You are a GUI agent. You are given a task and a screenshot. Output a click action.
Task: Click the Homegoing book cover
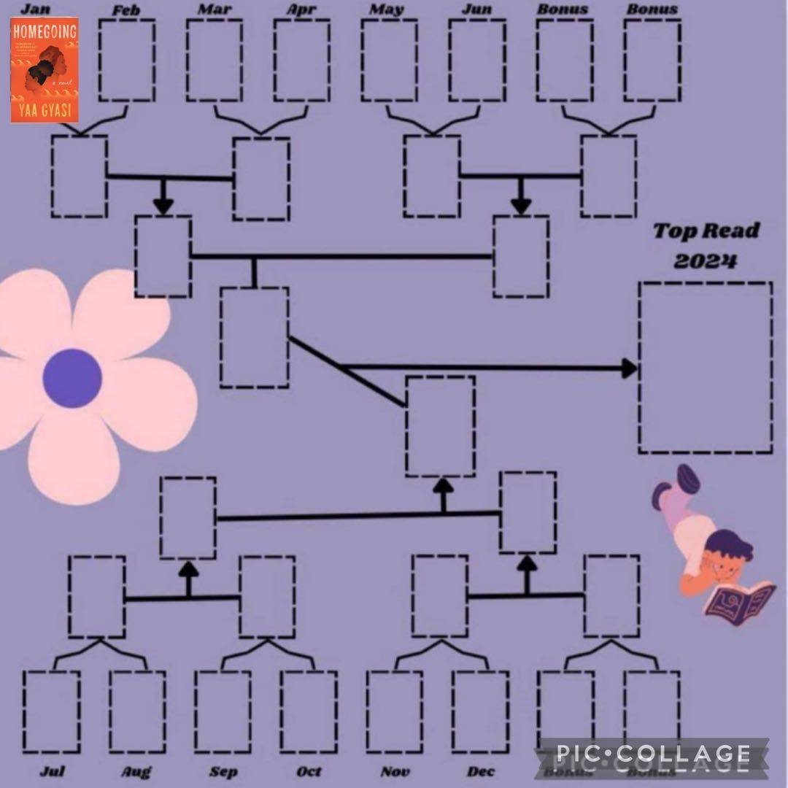coord(45,69)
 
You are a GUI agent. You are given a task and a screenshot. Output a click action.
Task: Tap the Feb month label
coord(126,10)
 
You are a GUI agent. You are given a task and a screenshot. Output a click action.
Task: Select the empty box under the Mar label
coord(214,60)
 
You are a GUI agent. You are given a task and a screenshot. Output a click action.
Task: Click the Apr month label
coord(301,10)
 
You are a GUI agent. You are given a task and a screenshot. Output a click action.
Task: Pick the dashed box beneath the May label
coord(389,60)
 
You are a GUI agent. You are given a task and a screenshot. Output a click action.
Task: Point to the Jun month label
coord(476,10)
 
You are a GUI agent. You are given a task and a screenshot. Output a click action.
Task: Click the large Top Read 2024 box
coord(705,367)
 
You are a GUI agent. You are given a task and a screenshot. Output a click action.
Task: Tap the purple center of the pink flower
coord(72,378)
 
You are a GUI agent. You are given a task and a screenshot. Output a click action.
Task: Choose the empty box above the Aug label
coord(137,711)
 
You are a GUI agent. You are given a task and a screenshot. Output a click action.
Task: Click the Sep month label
coord(223,771)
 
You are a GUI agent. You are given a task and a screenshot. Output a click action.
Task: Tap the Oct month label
coord(309,771)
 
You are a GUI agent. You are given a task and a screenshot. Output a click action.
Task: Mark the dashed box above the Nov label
coord(394,711)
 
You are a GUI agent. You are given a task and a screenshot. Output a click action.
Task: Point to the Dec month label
coord(481,771)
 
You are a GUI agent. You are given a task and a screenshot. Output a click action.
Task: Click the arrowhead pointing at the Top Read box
coord(629,368)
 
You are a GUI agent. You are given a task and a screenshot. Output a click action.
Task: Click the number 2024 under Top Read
coord(704,260)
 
